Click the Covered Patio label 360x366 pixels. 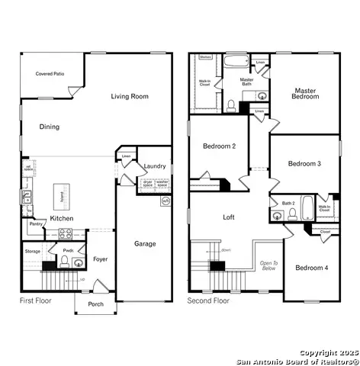[49, 74]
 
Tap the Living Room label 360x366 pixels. [130, 97]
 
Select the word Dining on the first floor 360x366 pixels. [49, 127]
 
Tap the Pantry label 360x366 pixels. [36, 224]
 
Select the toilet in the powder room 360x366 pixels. [65, 263]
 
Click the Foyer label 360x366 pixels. [101, 259]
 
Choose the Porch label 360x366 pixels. [96, 304]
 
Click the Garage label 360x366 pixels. [145, 244]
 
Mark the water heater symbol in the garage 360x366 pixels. [166, 202]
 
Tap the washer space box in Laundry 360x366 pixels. [162, 183]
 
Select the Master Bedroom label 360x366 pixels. [306, 94]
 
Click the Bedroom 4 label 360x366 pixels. [311, 268]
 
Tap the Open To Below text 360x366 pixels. [268, 265]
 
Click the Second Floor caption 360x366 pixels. [208, 301]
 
